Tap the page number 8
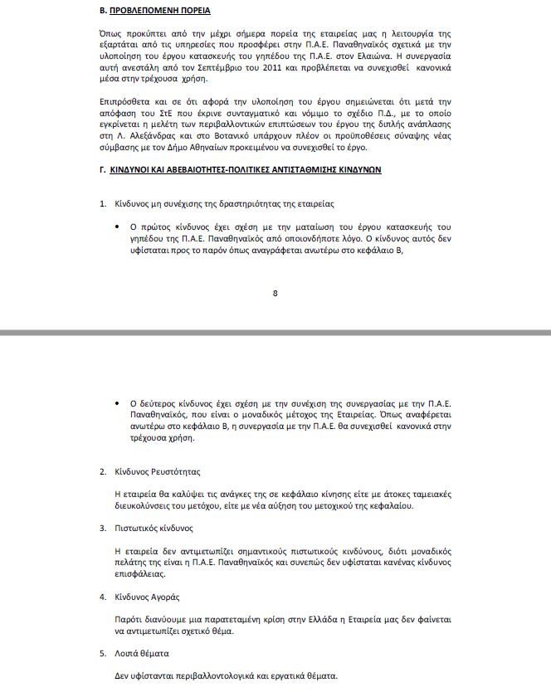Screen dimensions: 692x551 click(275, 292)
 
